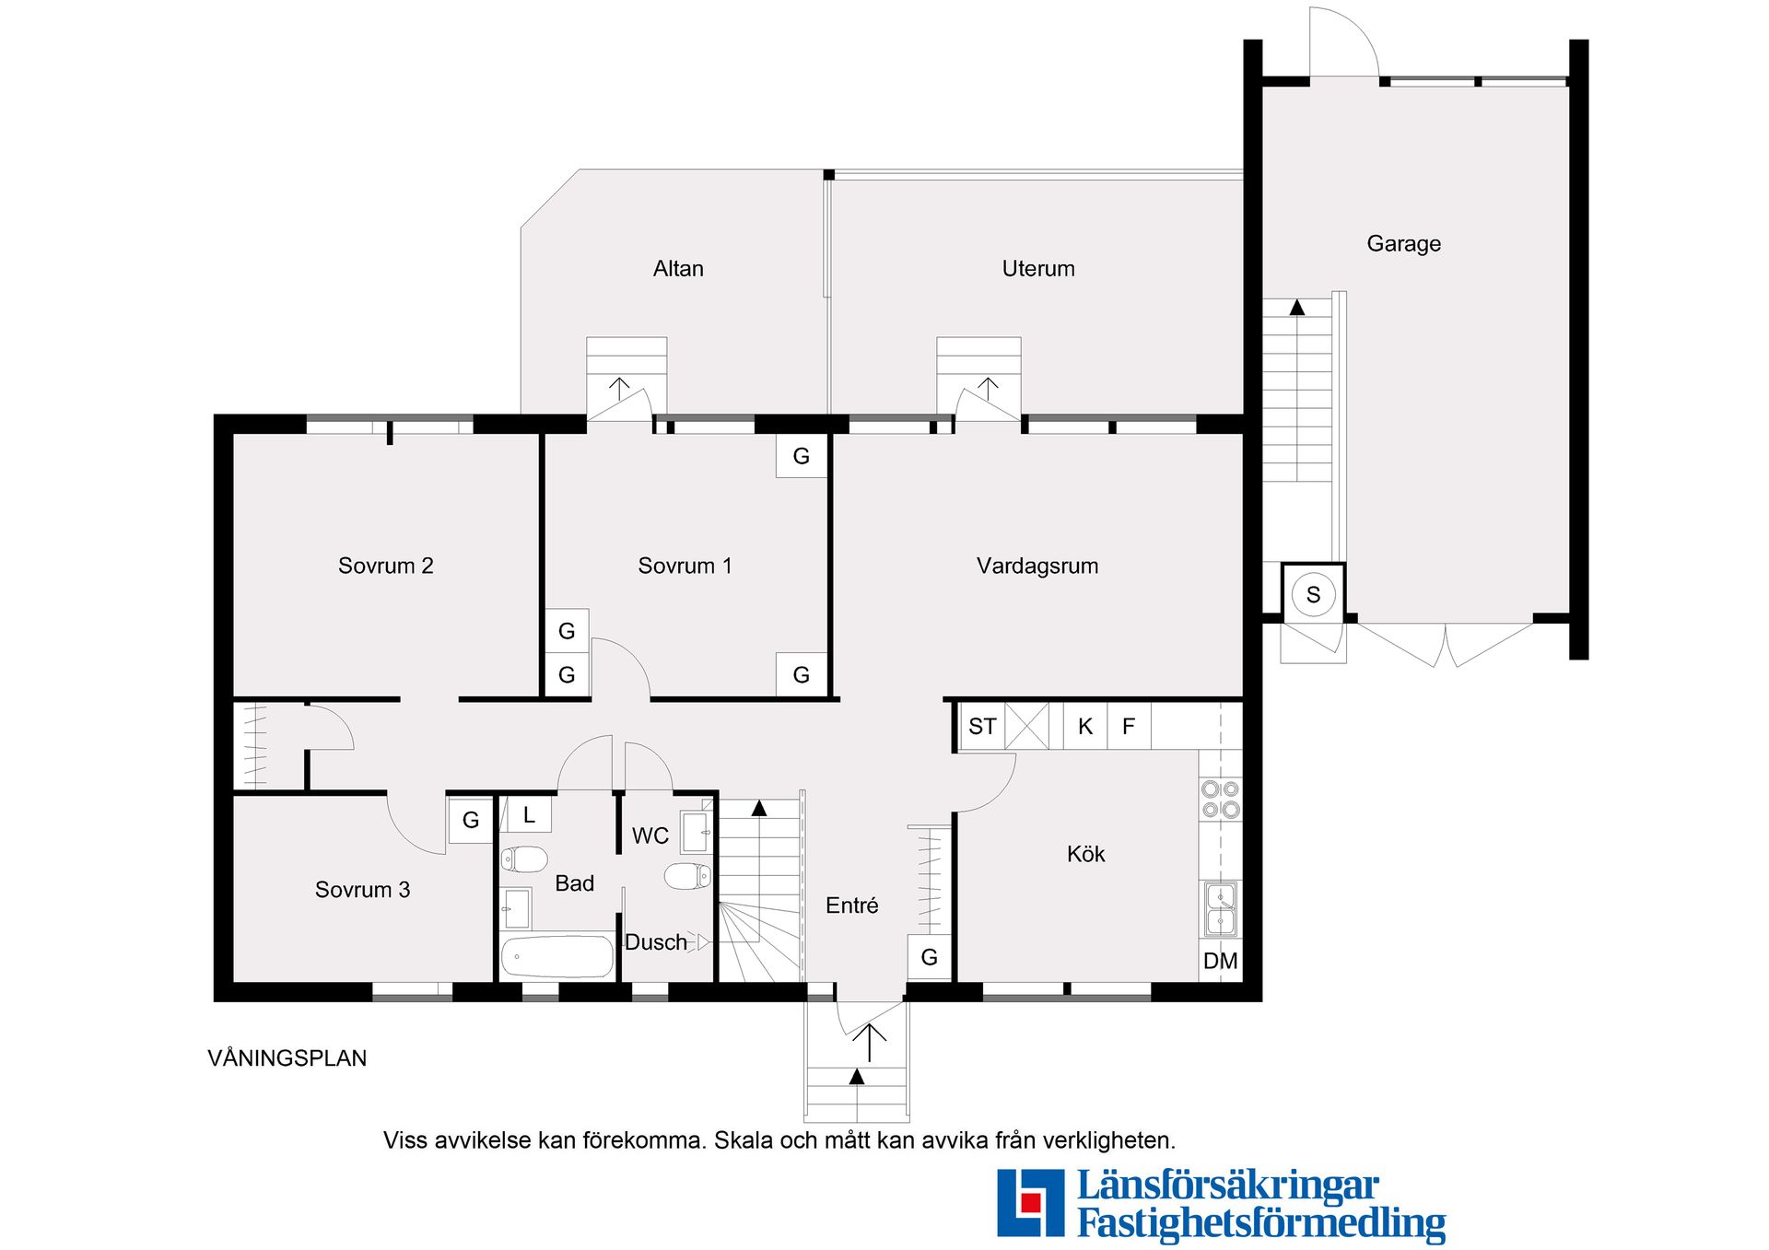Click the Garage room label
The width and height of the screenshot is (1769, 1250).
pyautogui.click(x=1403, y=244)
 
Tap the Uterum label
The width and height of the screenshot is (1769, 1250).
pyautogui.click(x=1038, y=269)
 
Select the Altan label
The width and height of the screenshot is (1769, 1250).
pyautogui.click(x=678, y=269)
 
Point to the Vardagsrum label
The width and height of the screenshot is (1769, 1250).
pyautogui.click(x=1037, y=566)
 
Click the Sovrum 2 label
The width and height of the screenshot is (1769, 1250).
pyautogui.click(x=385, y=566)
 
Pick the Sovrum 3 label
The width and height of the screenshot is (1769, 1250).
pyautogui.click(x=362, y=890)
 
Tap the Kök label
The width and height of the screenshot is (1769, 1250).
pyautogui.click(x=1085, y=854)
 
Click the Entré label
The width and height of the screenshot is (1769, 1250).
pyautogui.click(x=851, y=905)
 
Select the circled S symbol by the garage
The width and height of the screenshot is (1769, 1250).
pyautogui.click(x=1313, y=594)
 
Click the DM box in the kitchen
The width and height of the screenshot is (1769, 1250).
pyautogui.click(x=1221, y=961)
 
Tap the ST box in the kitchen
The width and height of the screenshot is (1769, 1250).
pyautogui.click(x=982, y=726)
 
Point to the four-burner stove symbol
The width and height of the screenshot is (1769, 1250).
pyautogui.click(x=1221, y=799)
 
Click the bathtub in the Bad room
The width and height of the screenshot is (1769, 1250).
pyautogui.click(x=556, y=957)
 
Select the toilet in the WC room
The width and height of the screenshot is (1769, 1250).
pyautogui.click(x=688, y=876)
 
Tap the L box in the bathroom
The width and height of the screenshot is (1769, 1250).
pyautogui.click(x=529, y=814)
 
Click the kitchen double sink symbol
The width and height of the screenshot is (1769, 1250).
pyautogui.click(x=1221, y=909)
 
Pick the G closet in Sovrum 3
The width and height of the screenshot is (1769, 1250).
pyautogui.click(x=471, y=820)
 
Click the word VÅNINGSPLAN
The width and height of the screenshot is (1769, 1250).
pyautogui.click(x=287, y=1058)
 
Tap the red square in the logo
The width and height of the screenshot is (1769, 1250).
pyautogui.click(x=1030, y=1202)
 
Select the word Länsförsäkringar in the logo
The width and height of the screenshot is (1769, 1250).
pyautogui.click(x=1228, y=1186)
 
